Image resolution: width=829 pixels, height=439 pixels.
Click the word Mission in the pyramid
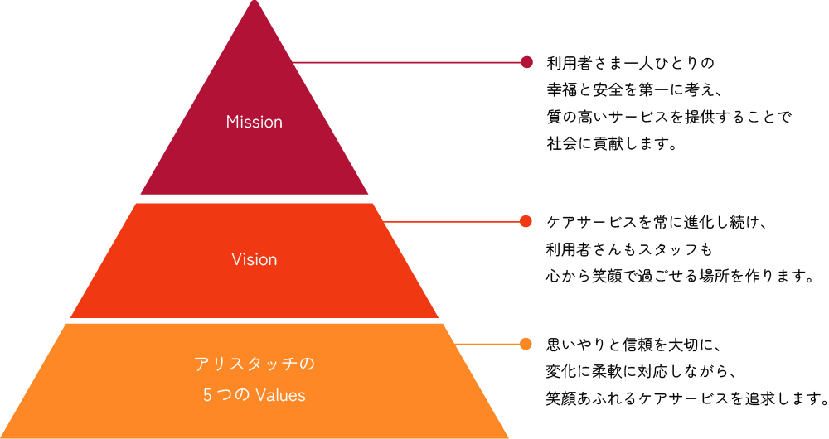(255, 122)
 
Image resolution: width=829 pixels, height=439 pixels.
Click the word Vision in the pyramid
(255, 259)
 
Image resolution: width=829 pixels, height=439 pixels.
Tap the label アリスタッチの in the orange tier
(255, 364)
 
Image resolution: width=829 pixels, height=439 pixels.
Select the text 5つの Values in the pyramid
(255, 395)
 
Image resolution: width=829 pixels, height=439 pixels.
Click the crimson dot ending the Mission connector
(526, 62)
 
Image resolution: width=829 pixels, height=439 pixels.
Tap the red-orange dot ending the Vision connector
(526, 222)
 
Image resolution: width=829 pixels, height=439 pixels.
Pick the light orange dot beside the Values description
(526, 343)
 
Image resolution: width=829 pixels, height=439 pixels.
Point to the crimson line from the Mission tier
(406, 62)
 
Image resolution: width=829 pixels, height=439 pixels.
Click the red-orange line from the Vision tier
(452, 222)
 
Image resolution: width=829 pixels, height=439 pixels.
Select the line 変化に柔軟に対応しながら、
(642, 370)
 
